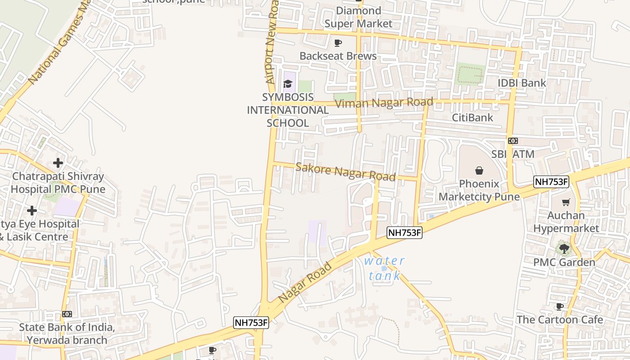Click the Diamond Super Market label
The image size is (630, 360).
pos(358,17)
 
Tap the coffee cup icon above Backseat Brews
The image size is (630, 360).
pos(338,43)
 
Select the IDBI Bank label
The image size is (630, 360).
pos(522,83)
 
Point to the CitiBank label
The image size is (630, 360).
pos(472,117)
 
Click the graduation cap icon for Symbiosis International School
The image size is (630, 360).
pos(288,84)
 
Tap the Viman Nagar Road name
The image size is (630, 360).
pos(384,103)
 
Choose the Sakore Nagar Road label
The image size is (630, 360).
pos(345,172)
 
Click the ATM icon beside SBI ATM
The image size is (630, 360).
pos(513,141)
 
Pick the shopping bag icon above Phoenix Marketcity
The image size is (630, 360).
pos(479,171)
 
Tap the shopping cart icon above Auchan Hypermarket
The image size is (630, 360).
pos(566,202)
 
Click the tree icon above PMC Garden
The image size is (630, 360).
pos(563,248)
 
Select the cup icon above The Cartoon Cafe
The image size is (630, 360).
pos(559,306)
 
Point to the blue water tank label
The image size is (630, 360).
pos(384,268)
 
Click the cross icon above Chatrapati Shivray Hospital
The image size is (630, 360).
pos(58,162)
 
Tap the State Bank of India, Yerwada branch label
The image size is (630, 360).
pos(67,333)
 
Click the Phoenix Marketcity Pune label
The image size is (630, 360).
pos(479,190)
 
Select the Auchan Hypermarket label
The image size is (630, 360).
pos(566,222)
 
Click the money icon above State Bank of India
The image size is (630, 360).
pos(67,314)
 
